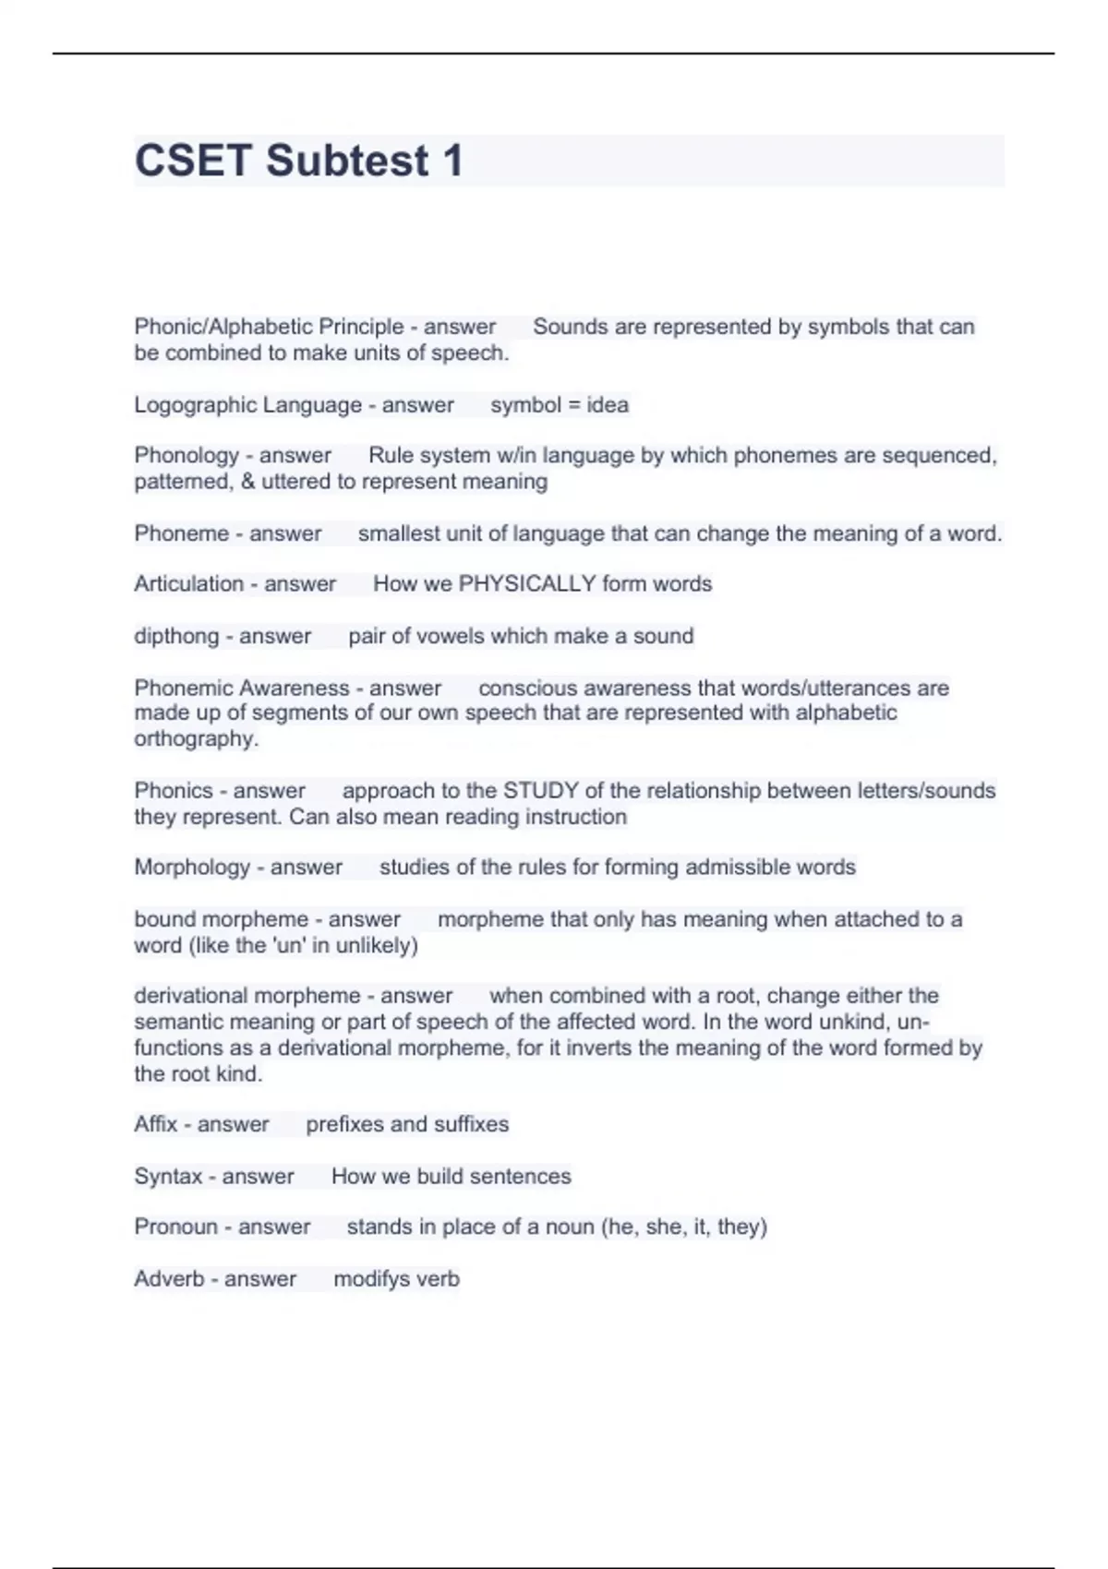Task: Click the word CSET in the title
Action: (x=193, y=161)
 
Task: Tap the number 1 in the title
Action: (x=452, y=161)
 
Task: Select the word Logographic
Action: (x=189, y=405)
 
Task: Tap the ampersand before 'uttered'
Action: (x=247, y=482)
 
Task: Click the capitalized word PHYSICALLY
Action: (x=527, y=584)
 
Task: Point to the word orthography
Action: (x=193, y=739)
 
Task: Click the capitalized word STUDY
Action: (x=540, y=791)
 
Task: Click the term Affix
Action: (x=155, y=1124)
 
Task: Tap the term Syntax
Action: (x=168, y=1177)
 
